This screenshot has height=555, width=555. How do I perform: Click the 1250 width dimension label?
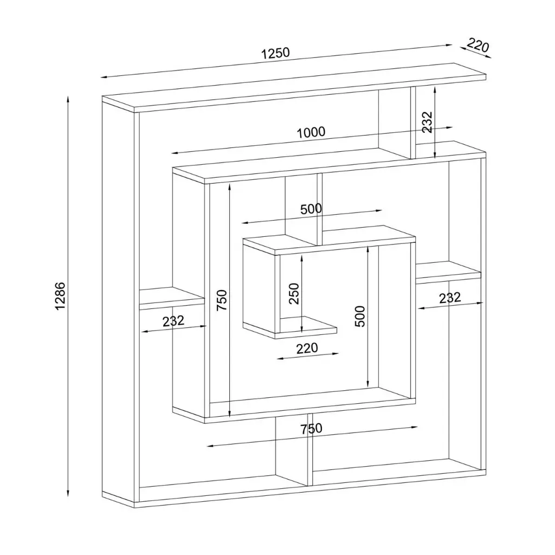point(275,53)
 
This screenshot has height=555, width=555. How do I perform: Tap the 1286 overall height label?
point(60,296)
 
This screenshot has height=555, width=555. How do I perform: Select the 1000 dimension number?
point(311,132)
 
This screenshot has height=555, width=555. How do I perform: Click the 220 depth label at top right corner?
point(477,46)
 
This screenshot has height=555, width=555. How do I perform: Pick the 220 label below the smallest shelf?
point(307,349)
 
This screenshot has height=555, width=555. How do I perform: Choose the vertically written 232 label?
point(427,122)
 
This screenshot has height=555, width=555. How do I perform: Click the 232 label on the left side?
point(173,321)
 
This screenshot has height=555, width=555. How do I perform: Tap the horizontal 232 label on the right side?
point(450,298)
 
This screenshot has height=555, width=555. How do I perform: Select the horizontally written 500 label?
point(311,209)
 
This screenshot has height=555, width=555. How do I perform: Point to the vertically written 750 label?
point(222,300)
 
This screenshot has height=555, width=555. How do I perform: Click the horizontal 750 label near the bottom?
point(312,429)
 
